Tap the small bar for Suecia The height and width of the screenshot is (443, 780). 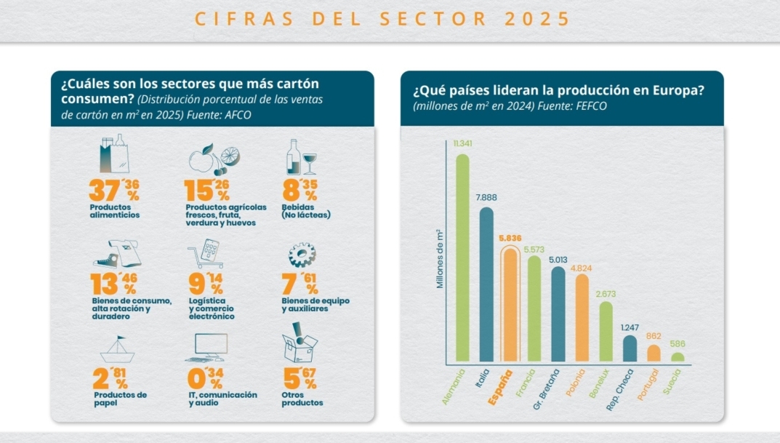pyautogui.click(x=677, y=357)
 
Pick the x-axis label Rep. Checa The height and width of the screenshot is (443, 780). pyautogui.click(x=621, y=390)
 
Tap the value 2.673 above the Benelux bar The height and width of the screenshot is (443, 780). pyautogui.click(x=605, y=293)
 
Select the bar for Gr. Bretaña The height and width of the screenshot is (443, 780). pyautogui.click(x=558, y=314)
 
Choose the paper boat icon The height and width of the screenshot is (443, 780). pyautogui.click(x=117, y=351)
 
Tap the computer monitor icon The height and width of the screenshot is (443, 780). pyautogui.click(x=212, y=348)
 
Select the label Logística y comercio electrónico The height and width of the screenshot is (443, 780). pyautogui.click(x=212, y=308)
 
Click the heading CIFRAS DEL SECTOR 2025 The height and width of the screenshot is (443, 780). pyautogui.click(x=383, y=20)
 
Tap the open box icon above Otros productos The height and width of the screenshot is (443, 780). pyautogui.click(x=299, y=345)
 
